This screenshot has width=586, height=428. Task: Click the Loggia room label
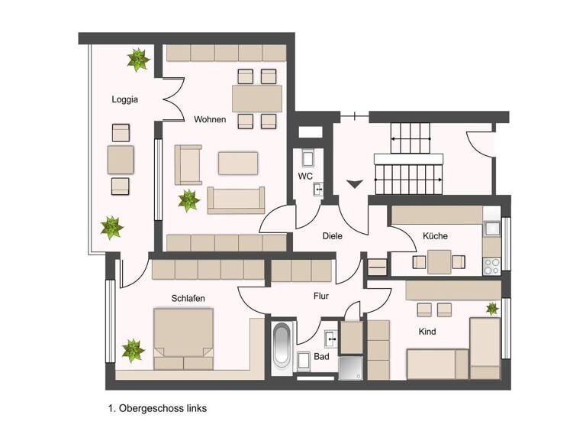click(124, 99)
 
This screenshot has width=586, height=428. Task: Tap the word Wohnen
click(209, 120)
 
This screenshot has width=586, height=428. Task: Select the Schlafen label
click(188, 298)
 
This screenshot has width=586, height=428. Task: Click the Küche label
click(435, 236)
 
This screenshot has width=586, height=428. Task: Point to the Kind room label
click(427, 332)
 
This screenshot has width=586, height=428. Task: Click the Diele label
click(333, 236)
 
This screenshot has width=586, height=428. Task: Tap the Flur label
click(320, 295)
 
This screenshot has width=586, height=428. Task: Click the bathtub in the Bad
click(282, 348)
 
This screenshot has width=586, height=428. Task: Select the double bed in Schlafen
click(183, 338)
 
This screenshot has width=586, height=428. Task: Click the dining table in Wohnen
click(256, 99)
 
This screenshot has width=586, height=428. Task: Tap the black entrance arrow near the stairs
click(354, 183)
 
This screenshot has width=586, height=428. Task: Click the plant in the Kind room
click(492, 309)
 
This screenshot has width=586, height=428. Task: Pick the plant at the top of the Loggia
click(138, 60)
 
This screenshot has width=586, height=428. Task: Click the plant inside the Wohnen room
click(188, 201)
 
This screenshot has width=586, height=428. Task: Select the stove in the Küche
click(491, 266)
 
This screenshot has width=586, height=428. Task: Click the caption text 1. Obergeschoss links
click(158, 408)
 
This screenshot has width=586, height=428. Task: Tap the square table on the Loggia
click(122, 159)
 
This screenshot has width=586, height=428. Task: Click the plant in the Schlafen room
click(133, 351)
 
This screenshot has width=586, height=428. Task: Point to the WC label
click(304, 177)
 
